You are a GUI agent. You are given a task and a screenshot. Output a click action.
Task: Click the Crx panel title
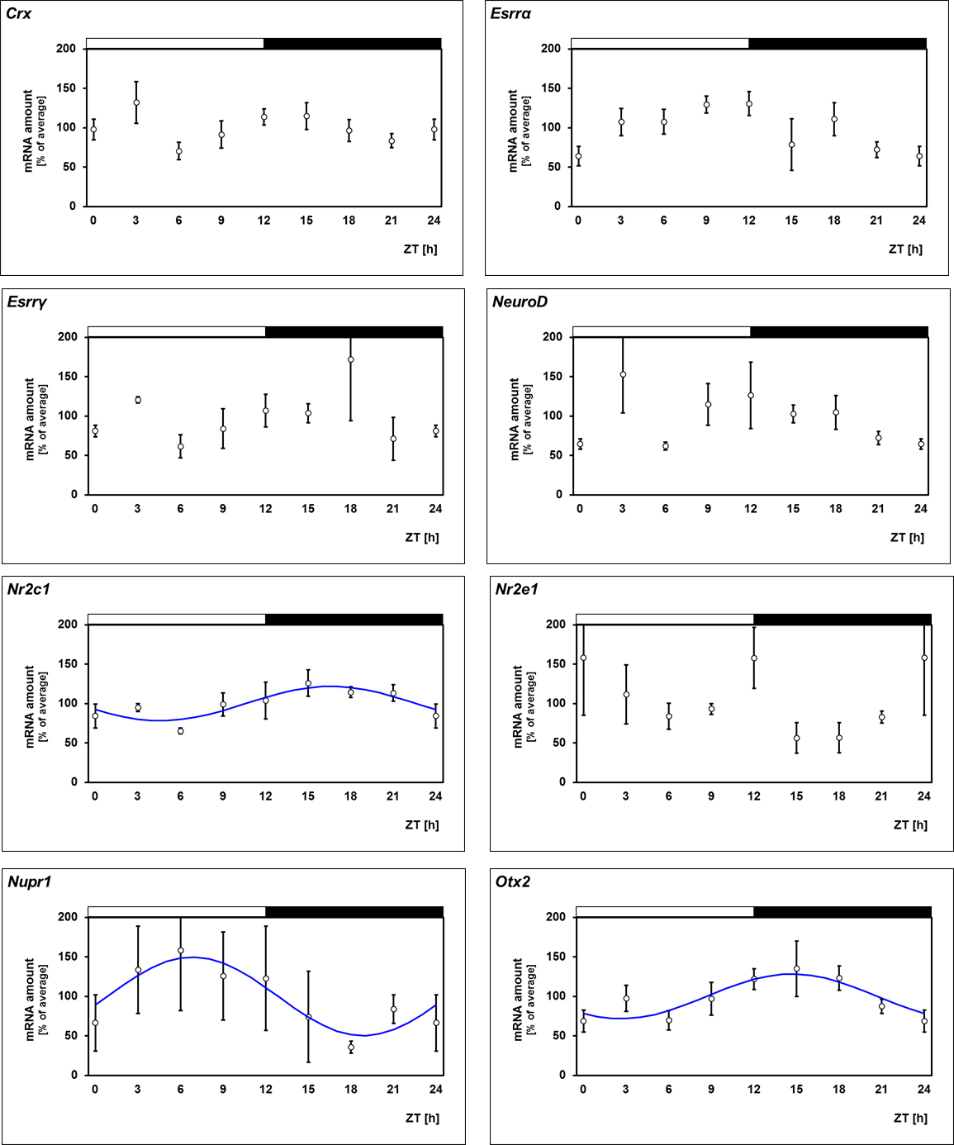click(19, 13)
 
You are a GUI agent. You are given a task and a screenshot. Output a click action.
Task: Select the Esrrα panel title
click(510, 13)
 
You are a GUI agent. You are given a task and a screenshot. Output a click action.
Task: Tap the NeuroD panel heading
click(520, 302)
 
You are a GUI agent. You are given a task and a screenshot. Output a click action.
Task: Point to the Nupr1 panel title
click(29, 881)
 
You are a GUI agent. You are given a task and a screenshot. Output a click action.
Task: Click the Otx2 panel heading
click(512, 881)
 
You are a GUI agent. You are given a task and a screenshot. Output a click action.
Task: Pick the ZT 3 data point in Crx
click(136, 103)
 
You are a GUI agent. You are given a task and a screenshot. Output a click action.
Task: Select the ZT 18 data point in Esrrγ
click(350, 359)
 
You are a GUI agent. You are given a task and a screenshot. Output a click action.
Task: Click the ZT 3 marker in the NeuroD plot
click(623, 374)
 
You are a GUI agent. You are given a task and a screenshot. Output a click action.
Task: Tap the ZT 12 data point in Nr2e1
click(753, 658)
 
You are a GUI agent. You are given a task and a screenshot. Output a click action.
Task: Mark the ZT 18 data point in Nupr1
click(351, 1047)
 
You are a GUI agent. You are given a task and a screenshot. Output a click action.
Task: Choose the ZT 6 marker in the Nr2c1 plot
click(180, 731)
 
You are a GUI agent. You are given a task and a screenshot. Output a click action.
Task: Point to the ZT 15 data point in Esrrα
click(791, 145)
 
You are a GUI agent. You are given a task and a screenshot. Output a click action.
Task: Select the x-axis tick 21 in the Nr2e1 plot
click(881, 796)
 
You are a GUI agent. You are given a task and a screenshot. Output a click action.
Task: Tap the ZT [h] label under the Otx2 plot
click(910, 1118)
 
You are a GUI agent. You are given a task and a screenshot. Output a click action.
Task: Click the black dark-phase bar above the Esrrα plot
click(837, 44)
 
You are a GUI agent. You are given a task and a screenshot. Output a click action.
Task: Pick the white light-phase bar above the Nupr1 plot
click(176, 912)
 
